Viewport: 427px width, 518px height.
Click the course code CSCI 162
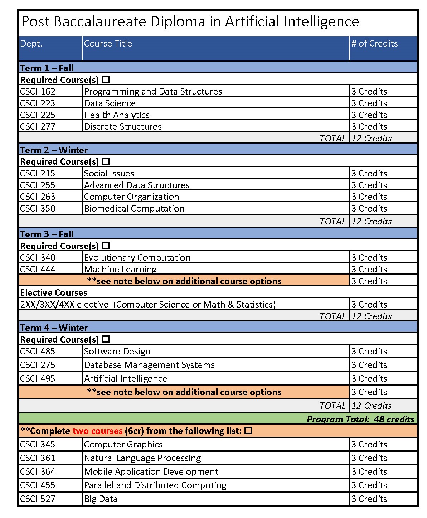coord(38,92)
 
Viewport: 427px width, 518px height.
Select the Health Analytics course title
coord(117,115)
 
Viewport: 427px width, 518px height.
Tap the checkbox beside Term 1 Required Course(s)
coord(106,79)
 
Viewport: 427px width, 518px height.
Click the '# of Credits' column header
coord(374,44)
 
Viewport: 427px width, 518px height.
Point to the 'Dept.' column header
coord(31,44)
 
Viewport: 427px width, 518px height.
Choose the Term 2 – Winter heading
coord(54,150)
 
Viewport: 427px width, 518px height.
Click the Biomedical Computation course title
coord(134,209)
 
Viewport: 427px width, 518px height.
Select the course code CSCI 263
coord(38,197)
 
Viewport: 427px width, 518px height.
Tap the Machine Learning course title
coord(120,269)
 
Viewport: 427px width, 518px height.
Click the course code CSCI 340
coord(38,258)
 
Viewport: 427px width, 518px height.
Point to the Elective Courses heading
coord(54,293)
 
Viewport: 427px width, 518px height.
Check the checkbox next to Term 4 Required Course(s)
coord(106,339)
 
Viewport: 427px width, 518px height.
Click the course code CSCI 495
coord(38,379)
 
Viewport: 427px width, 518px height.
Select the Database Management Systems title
coord(149,365)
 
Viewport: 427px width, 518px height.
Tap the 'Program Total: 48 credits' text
coord(360,419)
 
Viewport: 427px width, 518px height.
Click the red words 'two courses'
coord(97,431)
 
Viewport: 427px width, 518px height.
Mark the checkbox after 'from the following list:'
coord(248,430)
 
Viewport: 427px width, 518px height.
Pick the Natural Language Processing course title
coord(142,458)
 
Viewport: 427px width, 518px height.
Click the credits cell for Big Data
coord(369,499)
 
